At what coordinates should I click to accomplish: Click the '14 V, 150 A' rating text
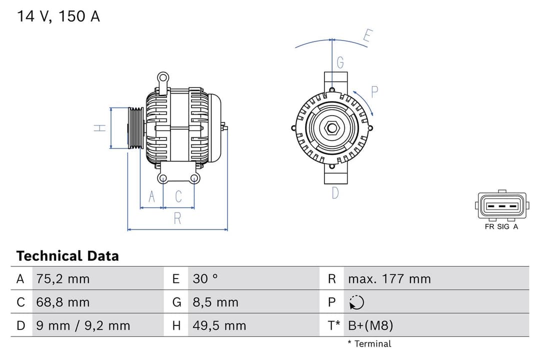[58, 16]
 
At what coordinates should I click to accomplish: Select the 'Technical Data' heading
[67, 256]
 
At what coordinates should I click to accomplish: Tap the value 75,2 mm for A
[63, 278]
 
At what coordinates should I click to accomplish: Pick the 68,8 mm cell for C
[63, 302]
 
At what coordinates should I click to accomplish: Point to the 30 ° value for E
[205, 278]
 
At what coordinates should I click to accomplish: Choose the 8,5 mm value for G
[215, 302]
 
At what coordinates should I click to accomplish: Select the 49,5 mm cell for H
[219, 326]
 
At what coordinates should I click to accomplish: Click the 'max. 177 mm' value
[389, 278]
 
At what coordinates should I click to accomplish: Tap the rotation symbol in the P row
[356, 302]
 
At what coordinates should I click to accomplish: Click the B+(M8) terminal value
[370, 326]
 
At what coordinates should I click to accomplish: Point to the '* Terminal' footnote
[369, 343]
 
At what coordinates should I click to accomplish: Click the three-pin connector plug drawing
[501, 205]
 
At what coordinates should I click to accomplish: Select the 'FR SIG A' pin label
[501, 226]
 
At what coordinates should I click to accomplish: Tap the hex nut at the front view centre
[332, 128]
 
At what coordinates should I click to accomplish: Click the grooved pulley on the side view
[135, 128]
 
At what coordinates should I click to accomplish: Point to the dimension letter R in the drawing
[177, 218]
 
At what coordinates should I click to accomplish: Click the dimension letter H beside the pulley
[100, 128]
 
